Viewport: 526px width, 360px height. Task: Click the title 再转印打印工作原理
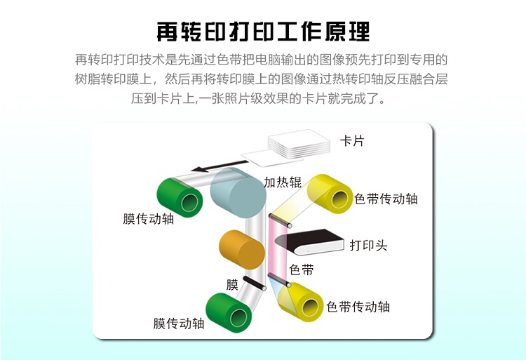point(263,32)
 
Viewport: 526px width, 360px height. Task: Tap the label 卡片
point(352,141)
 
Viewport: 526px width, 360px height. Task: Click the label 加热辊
point(283,182)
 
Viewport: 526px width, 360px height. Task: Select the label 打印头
point(369,245)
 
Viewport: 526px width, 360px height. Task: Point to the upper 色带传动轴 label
point(386,199)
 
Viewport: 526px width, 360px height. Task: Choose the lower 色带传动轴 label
point(358,307)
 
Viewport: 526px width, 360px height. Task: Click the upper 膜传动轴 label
point(148,219)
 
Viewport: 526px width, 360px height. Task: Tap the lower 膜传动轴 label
point(179,324)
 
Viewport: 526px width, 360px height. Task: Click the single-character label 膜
point(232,285)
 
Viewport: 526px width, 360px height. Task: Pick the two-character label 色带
point(302,269)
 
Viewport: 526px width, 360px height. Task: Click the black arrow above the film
point(220,166)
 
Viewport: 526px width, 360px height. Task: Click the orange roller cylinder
point(241,250)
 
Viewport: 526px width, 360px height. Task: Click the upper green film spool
point(180,198)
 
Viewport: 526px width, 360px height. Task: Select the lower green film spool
point(229,312)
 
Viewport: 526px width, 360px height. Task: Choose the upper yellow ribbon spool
point(330,194)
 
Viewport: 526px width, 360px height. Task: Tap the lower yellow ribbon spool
point(301,302)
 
